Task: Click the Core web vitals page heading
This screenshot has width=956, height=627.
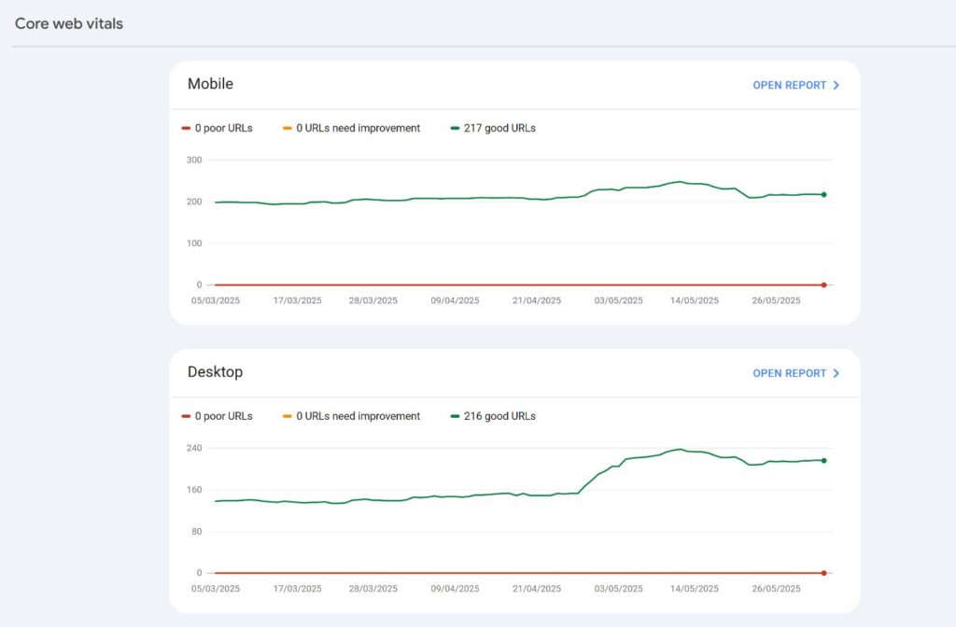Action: click(69, 23)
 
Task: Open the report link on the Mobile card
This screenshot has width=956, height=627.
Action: click(795, 85)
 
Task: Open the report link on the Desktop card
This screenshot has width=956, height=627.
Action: click(795, 373)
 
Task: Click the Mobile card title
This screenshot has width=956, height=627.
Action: click(210, 84)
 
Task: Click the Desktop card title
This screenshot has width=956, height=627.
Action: click(215, 372)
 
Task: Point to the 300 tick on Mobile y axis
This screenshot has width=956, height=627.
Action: click(193, 160)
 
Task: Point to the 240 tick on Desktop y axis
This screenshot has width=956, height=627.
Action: click(193, 449)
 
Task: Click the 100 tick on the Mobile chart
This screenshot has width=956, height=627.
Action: click(193, 244)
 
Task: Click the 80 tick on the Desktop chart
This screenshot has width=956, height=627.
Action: click(195, 532)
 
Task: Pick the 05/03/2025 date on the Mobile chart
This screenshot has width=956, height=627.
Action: click(216, 300)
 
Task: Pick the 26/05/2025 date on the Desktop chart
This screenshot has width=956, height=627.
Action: click(777, 589)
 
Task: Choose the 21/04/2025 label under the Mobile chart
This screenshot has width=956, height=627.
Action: click(537, 300)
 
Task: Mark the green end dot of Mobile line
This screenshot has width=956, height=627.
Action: click(823, 194)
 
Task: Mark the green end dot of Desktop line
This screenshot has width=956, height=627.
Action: click(823, 460)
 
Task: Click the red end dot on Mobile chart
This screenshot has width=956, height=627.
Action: click(823, 285)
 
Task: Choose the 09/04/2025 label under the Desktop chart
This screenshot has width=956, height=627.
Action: click(456, 589)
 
